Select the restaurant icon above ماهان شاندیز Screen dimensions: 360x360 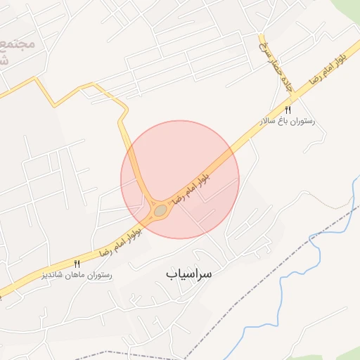tap(77, 263)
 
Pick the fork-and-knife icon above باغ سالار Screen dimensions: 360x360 tap(288, 110)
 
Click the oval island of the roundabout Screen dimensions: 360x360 tap(161, 210)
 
